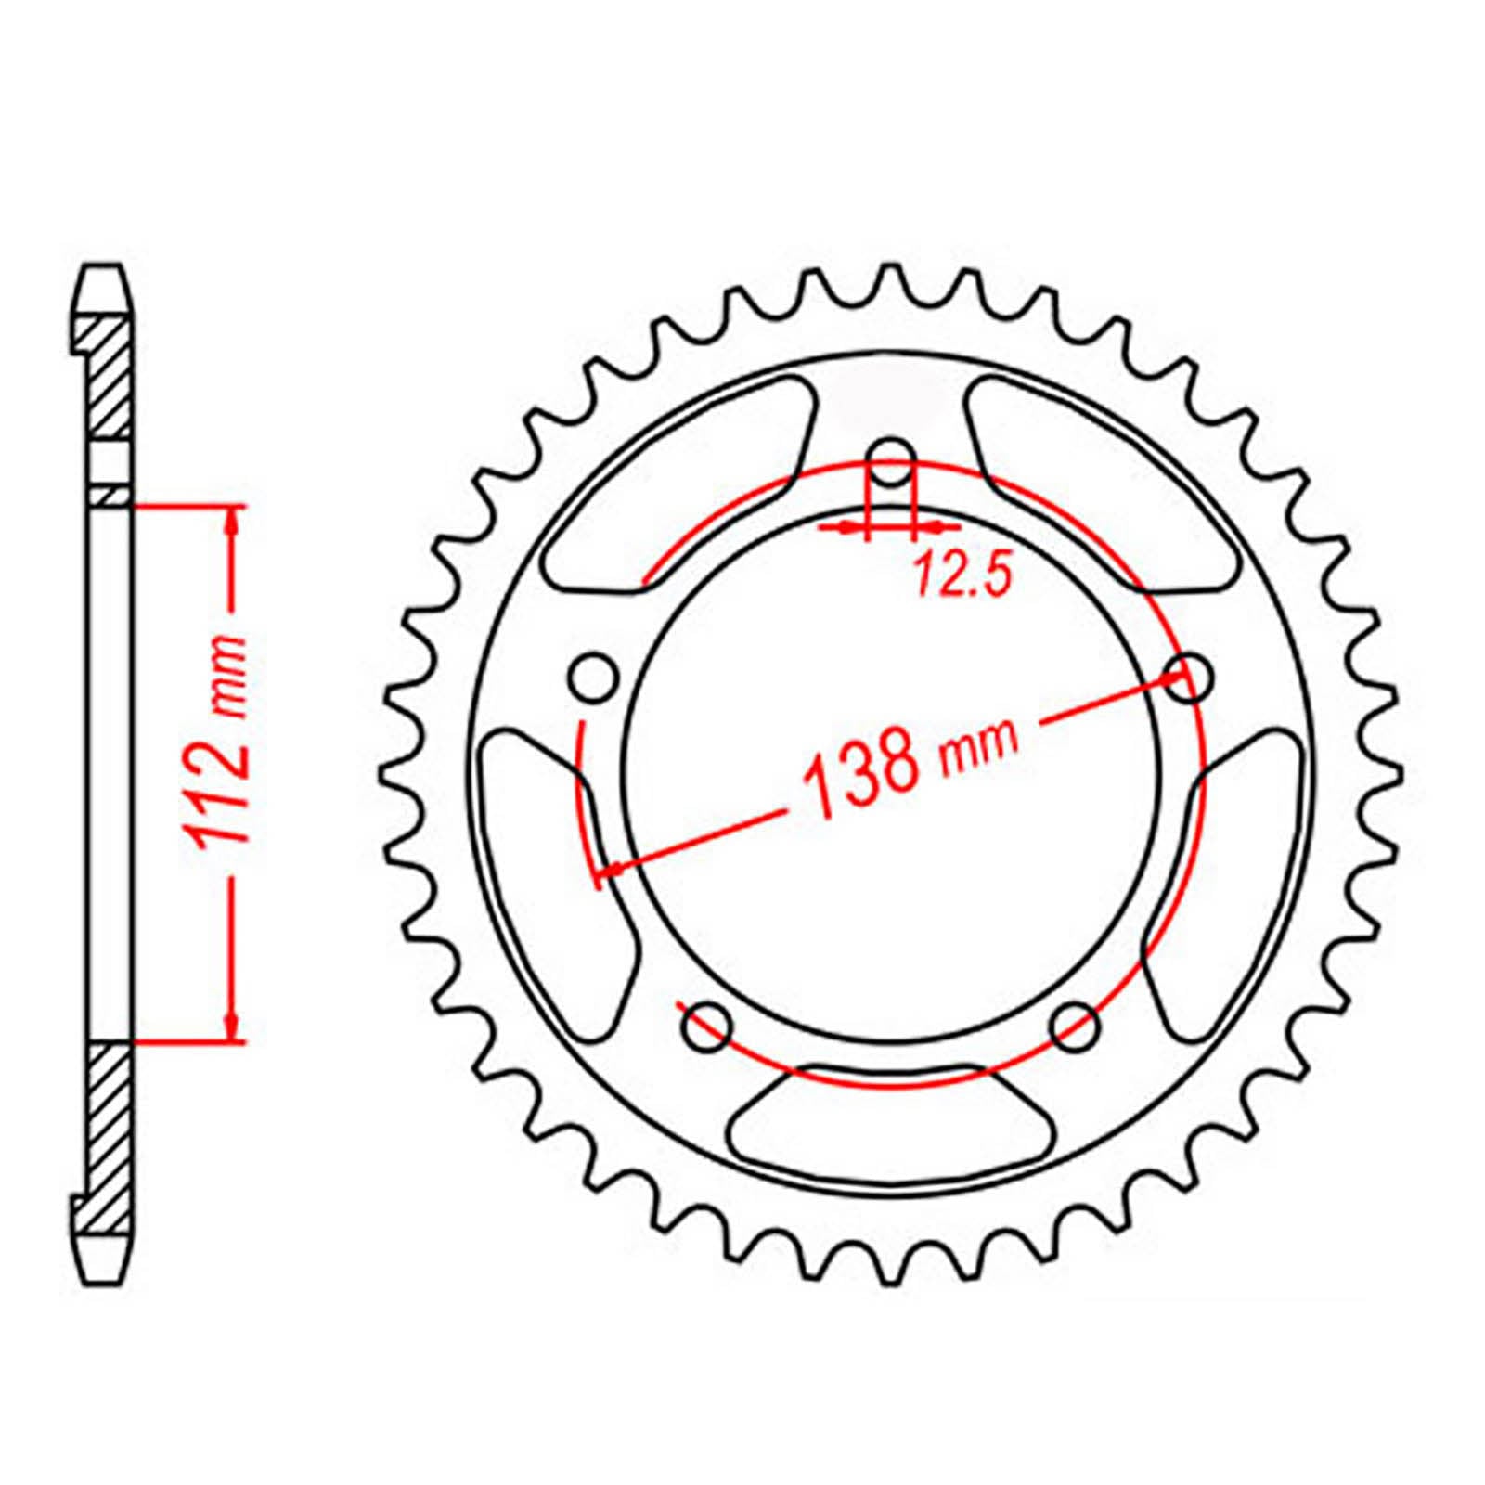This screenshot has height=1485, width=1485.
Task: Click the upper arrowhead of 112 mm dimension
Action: tap(231, 520)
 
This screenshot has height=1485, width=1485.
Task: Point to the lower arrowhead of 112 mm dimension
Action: tap(231, 1028)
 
